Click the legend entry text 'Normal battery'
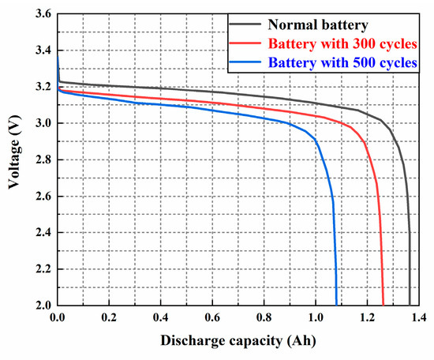(316, 25)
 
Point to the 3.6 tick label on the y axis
(43, 14)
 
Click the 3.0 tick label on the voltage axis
(43, 123)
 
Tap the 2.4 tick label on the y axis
(43, 233)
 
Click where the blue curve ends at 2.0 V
(336, 304)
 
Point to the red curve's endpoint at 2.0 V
(383, 304)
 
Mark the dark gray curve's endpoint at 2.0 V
(410, 304)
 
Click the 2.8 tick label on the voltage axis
(43, 159)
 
